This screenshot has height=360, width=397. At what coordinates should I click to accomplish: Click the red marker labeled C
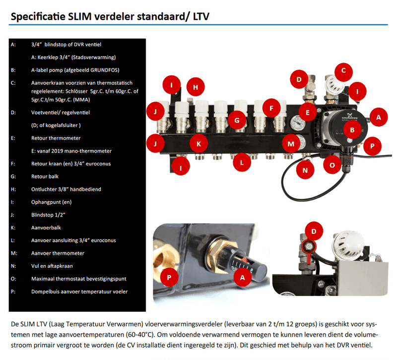[343, 71]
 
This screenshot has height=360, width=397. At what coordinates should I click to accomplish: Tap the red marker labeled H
[196, 87]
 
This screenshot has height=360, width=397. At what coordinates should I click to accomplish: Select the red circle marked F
[271, 107]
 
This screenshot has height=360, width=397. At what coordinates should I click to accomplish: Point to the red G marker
[237, 120]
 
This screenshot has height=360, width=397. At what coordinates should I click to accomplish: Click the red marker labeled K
[198, 144]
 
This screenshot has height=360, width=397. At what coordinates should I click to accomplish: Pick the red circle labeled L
[242, 162]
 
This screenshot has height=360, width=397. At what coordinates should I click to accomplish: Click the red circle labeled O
[332, 165]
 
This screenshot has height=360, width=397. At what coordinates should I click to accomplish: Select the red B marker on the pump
[352, 131]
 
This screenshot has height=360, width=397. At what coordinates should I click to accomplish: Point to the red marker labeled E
[308, 113]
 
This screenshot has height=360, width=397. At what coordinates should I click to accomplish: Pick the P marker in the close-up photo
[169, 277]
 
